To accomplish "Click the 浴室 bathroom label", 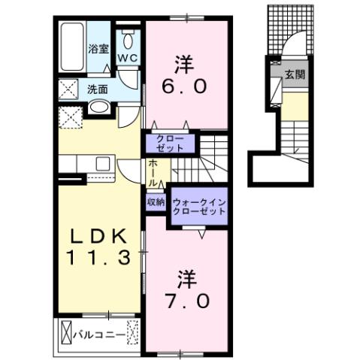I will [98, 50].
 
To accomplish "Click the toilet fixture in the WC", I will [127, 39].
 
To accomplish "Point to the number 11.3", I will [98, 257].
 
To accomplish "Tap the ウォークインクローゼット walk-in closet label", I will [199, 207].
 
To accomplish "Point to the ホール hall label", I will [153, 172].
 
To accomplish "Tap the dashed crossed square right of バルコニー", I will [134, 331].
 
